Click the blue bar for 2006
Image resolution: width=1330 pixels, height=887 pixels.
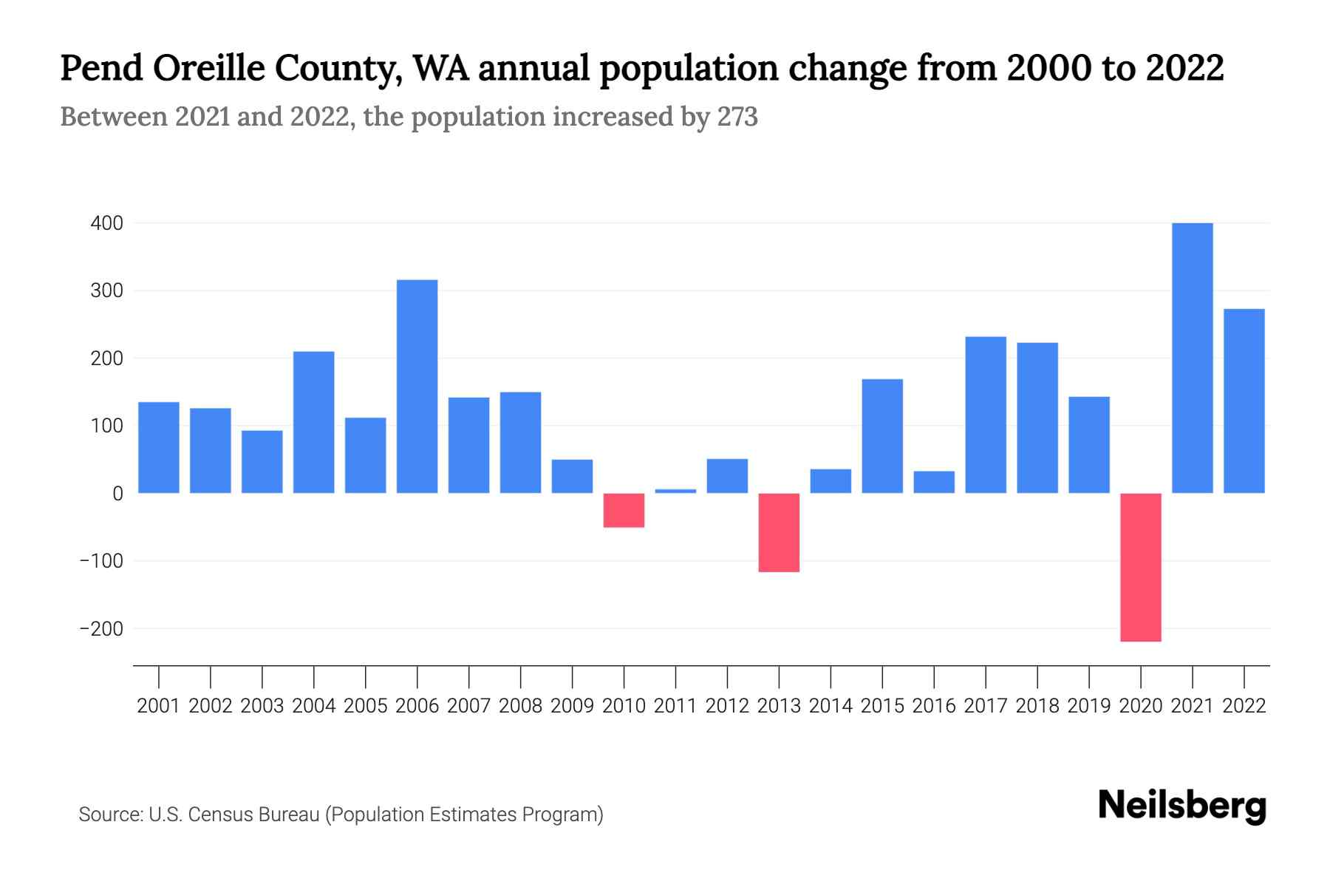pos(417,386)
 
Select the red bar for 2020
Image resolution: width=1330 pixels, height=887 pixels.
pos(1141,567)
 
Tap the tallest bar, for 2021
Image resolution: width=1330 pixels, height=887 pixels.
pos(1193,358)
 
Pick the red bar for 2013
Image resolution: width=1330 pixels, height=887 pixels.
pos(779,532)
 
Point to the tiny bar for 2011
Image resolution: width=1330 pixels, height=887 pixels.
pos(675,491)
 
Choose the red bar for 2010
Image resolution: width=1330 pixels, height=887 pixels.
pos(624,510)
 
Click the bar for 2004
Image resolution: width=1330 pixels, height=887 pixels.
pos(313,422)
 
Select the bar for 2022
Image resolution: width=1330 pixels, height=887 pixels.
pos(1244,401)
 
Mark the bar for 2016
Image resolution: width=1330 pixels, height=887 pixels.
pos(934,482)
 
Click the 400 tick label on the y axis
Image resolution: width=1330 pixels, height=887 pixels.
pos(106,223)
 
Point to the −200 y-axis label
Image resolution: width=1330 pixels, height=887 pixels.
pos(101,629)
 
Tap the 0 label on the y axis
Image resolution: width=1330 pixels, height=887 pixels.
pos(117,494)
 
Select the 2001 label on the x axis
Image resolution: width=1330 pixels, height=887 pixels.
pos(159,706)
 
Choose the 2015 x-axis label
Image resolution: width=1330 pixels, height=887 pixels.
pos(882,706)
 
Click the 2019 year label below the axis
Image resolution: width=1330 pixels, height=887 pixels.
pos(1089,706)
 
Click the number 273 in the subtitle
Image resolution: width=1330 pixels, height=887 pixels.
pos(737,117)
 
